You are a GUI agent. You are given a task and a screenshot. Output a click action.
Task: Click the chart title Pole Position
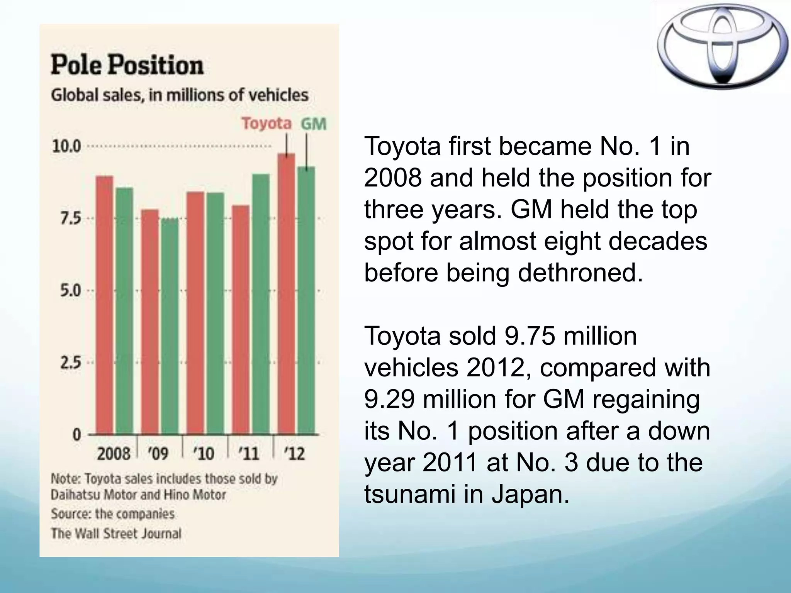pyautogui.click(x=127, y=64)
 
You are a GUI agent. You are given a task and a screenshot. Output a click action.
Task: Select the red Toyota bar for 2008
pyautogui.click(x=104, y=305)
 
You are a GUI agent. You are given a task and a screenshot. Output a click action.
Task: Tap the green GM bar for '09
pyautogui.click(x=170, y=326)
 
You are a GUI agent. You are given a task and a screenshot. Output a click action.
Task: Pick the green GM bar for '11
pyautogui.click(x=261, y=305)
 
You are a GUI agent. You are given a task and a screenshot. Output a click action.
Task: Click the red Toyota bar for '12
pyautogui.click(x=286, y=293)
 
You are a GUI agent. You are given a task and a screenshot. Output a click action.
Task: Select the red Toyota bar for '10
pyautogui.click(x=195, y=313)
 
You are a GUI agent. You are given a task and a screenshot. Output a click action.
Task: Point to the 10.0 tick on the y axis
pyautogui.click(x=66, y=147)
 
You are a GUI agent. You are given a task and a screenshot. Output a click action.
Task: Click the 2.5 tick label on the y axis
pyautogui.click(x=71, y=363)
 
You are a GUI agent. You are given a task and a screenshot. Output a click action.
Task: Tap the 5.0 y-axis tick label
pyautogui.click(x=71, y=291)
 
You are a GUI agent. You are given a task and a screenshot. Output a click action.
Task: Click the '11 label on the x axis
pyautogui.click(x=249, y=453)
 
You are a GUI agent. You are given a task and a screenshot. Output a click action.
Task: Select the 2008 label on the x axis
pyautogui.click(x=113, y=453)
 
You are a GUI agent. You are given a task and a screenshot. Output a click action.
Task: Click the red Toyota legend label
pyautogui.click(x=266, y=124)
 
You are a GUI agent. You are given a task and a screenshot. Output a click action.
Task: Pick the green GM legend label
pyautogui.click(x=313, y=124)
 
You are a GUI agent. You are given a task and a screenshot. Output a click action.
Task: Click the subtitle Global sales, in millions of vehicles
pyautogui.click(x=180, y=95)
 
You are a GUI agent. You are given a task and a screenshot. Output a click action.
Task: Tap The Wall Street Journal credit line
pyautogui.click(x=116, y=534)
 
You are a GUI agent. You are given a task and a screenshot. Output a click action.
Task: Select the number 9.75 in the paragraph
pyautogui.click(x=530, y=336)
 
